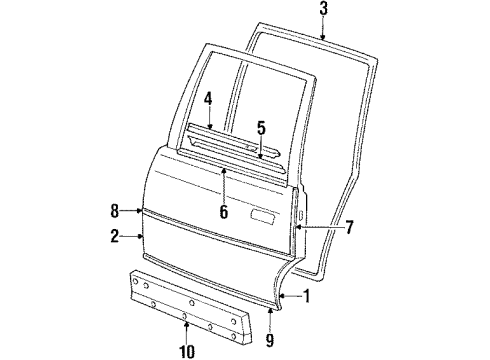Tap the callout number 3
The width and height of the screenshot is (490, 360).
[x=323, y=10]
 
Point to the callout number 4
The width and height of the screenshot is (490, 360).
[x=208, y=99]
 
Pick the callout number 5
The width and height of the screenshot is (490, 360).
[x=260, y=128]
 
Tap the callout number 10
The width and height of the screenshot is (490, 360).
[x=184, y=349]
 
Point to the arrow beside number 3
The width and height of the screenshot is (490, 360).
[x=323, y=28]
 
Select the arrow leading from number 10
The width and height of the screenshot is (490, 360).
[x=184, y=329]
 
